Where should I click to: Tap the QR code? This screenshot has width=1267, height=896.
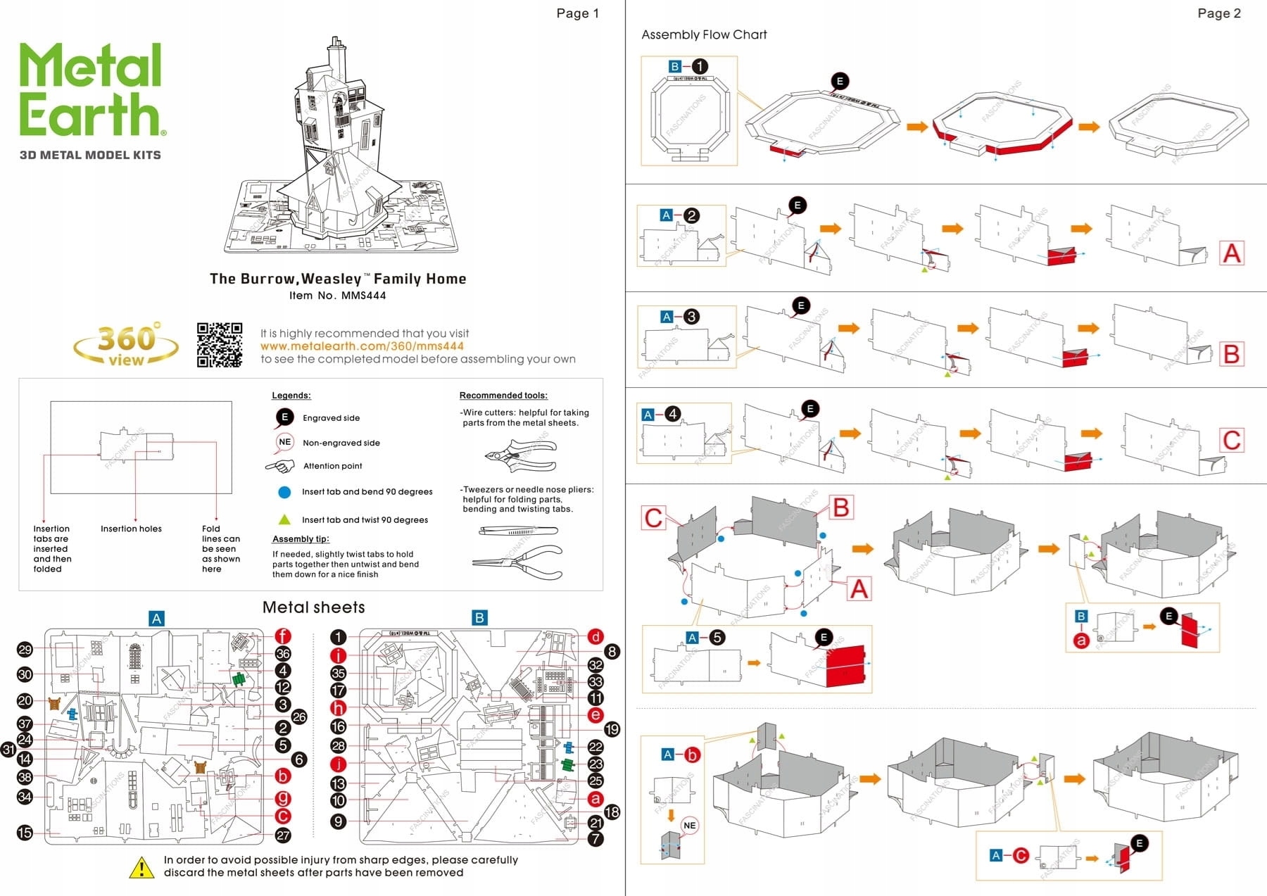[220, 345]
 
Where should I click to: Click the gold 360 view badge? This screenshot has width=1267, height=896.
[126, 345]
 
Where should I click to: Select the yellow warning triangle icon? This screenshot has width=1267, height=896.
[141, 868]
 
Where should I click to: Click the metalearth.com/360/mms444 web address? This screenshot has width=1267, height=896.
[362, 346]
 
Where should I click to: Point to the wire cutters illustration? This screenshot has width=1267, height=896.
[521, 455]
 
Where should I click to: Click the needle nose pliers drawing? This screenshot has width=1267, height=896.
[517, 562]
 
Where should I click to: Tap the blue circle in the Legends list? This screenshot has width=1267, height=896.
[284, 492]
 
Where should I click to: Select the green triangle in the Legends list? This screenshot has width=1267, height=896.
[284, 519]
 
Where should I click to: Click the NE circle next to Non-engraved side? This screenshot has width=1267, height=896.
[284, 442]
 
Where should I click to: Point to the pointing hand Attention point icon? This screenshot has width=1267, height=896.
[280, 466]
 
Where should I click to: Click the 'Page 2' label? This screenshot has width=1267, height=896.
[1218, 13]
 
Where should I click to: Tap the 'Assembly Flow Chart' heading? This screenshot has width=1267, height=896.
[704, 34]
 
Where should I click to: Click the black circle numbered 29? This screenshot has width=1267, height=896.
[25, 650]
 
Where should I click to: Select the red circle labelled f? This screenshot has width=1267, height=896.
[282, 636]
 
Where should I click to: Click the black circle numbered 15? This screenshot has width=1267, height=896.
[25, 833]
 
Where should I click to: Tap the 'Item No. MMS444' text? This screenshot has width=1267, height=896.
[337, 296]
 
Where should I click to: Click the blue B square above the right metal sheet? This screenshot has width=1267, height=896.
[479, 618]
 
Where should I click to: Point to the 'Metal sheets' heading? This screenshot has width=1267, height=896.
[313, 607]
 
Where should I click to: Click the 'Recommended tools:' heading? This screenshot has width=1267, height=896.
[503, 396]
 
